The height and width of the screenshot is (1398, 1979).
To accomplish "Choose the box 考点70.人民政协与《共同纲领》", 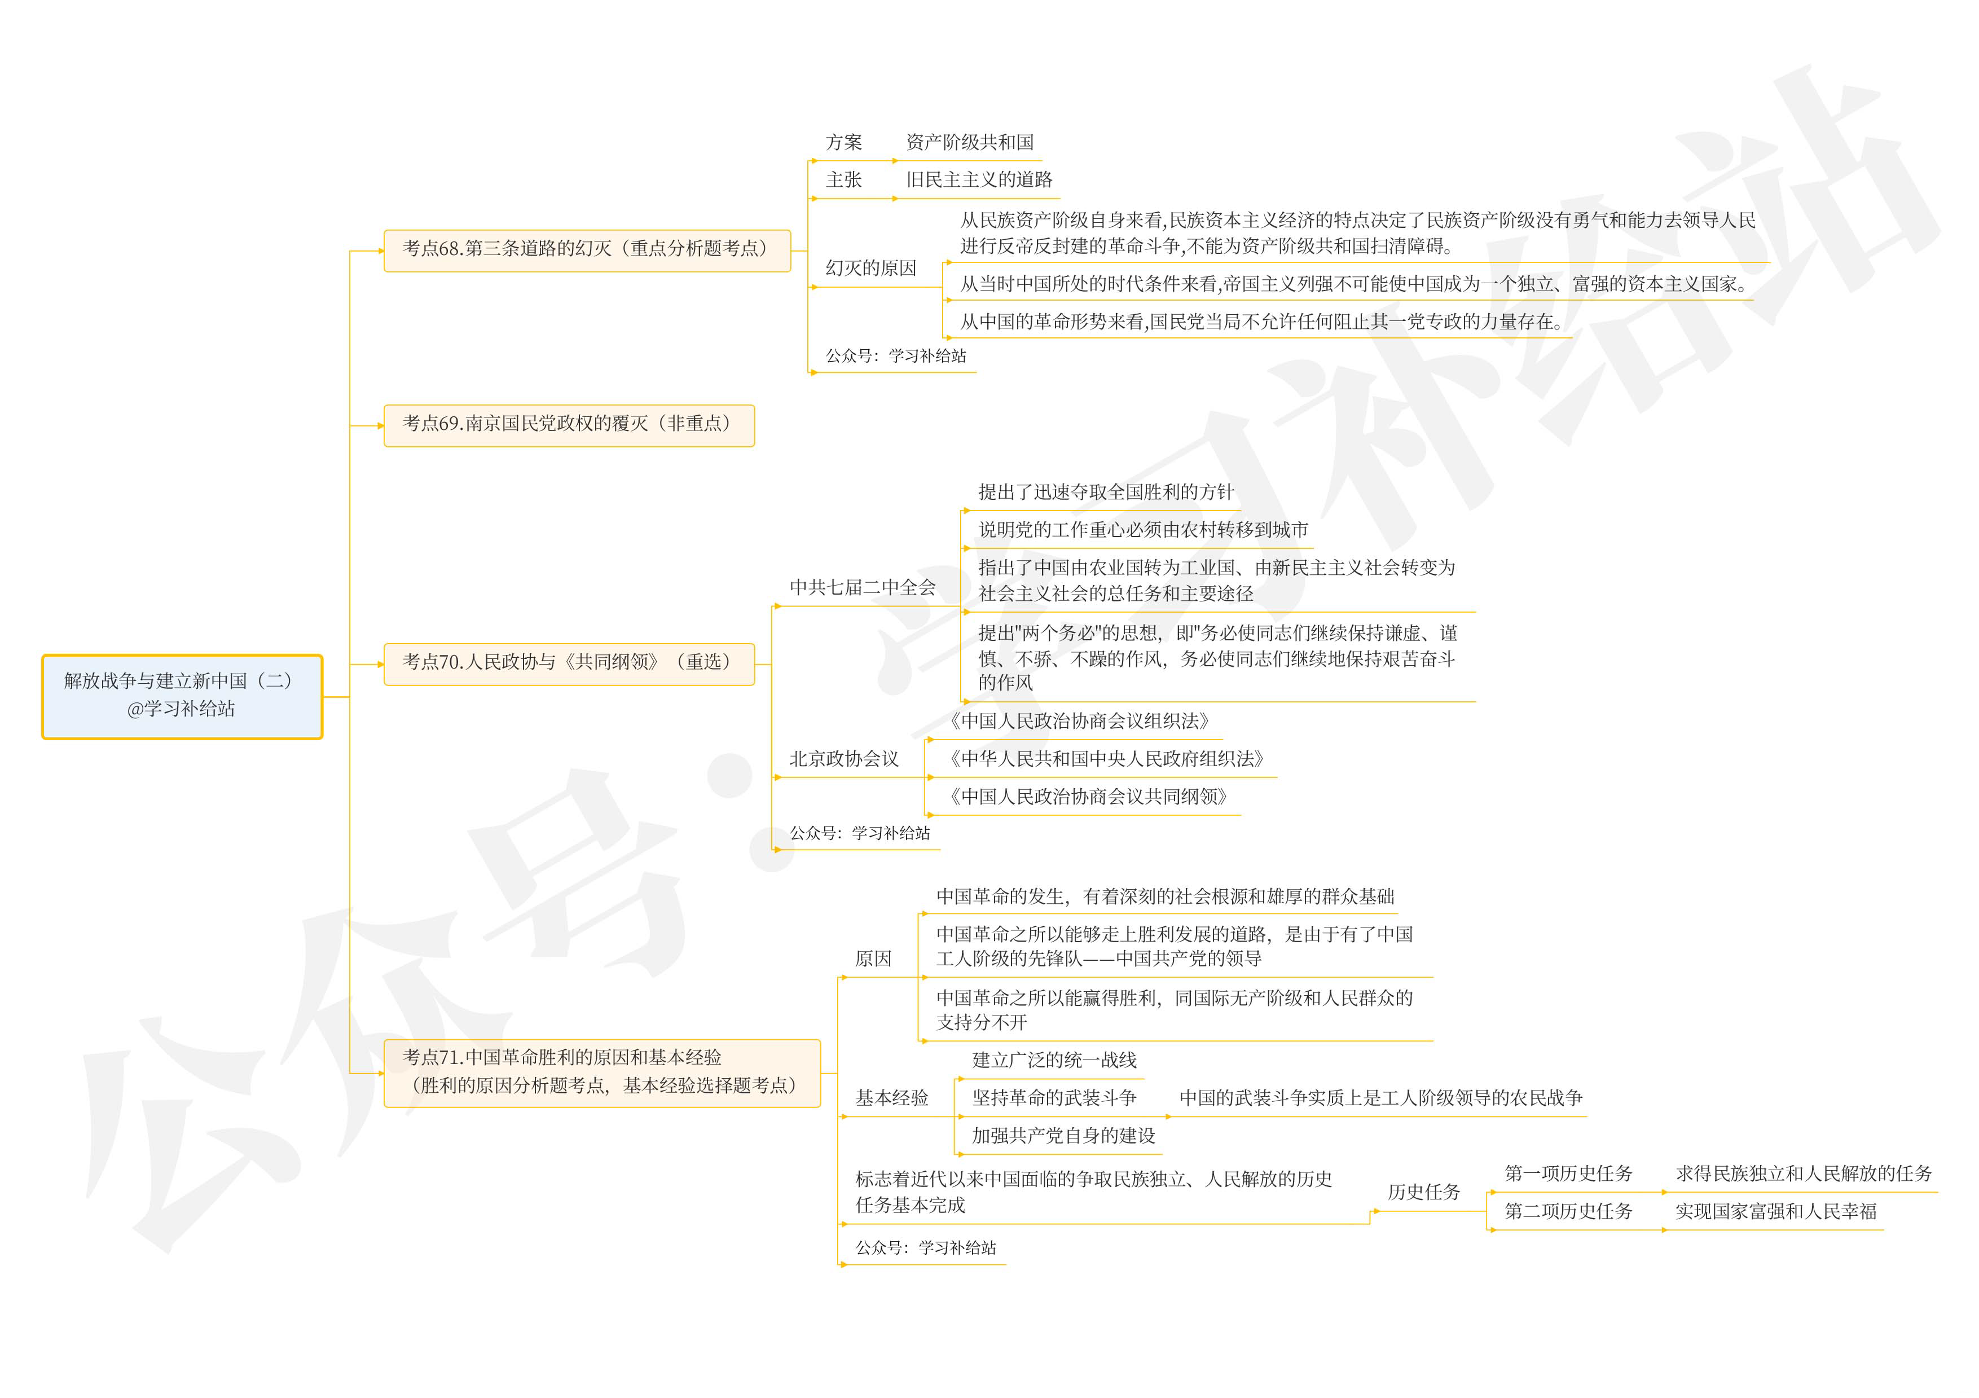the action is coord(568,663).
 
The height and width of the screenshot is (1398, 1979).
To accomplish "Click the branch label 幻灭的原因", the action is coord(870,268).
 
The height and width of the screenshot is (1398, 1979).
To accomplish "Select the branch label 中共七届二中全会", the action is coord(862,588).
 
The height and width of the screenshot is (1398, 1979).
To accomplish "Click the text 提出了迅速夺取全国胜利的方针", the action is coord(1106,492).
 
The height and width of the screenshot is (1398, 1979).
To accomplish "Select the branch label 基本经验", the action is coord(891,1098).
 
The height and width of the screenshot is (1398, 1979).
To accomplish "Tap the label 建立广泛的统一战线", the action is coord(1054,1060).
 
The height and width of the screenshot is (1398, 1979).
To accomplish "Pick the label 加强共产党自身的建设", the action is coord(1063,1136).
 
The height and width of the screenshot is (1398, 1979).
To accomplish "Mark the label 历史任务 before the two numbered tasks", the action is coord(1424,1192).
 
